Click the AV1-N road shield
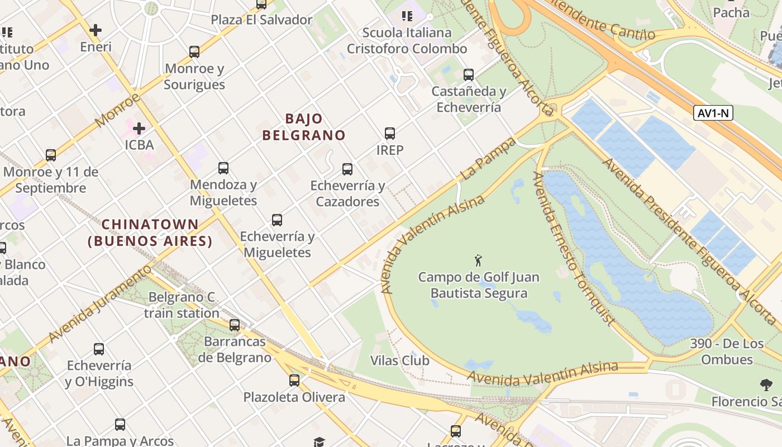[x=713, y=113]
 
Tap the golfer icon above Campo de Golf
[x=478, y=260]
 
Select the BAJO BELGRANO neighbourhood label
[x=304, y=127]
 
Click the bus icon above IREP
[x=390, y=134]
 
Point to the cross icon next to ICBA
[x=139, y=129]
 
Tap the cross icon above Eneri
[x=96, y=30]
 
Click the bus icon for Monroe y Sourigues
[x=194, y=52]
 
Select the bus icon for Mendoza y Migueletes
[x=223, y=168]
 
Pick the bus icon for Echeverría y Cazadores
[x=347, y=169]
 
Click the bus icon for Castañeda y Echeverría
[x=469, y=74]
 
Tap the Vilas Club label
[x=400, y=360]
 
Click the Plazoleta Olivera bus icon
[x=294, y=381]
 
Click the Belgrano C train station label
[x=182, y=305]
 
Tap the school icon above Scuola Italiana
[x=407, y=16]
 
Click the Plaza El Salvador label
[x=261, y=20]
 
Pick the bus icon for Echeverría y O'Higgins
[x=99, y=349]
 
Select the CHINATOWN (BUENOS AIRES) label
[x=150, y=232]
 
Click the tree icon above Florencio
[x=766, y=384]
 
